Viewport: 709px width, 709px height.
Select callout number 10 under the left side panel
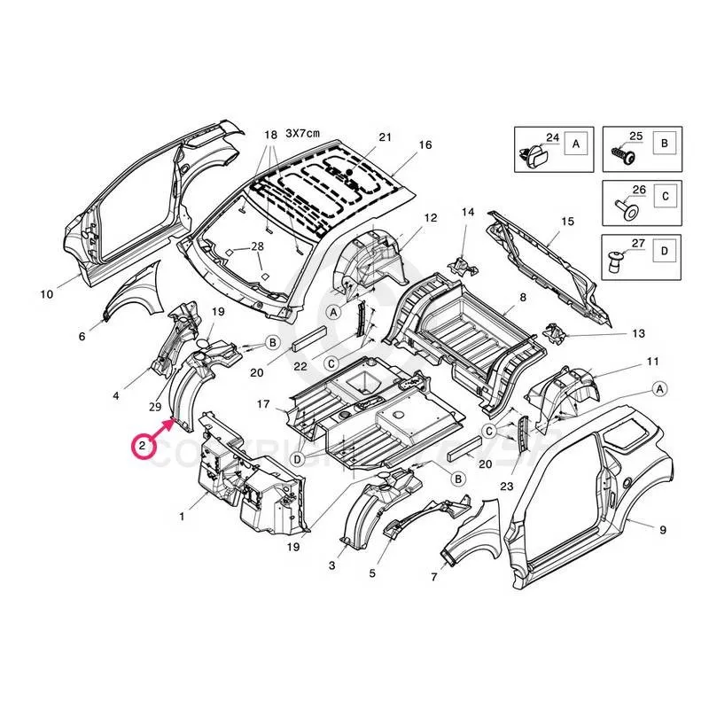click(47, 293)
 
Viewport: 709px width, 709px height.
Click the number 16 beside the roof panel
click(425, 144)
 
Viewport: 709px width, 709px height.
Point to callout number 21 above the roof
click(384, 136)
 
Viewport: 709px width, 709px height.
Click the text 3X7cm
click(302, 133)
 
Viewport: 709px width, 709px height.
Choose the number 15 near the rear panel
click(568, 221)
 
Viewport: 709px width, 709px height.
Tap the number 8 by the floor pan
click(523, 297)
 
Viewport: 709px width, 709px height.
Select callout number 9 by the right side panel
click(662, 530)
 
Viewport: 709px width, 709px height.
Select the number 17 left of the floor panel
click(263, 404)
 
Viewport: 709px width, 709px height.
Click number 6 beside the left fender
click(82, 336)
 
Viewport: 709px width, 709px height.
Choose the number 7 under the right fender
click(435, 578)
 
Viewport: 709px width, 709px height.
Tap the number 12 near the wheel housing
click(431, 217)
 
